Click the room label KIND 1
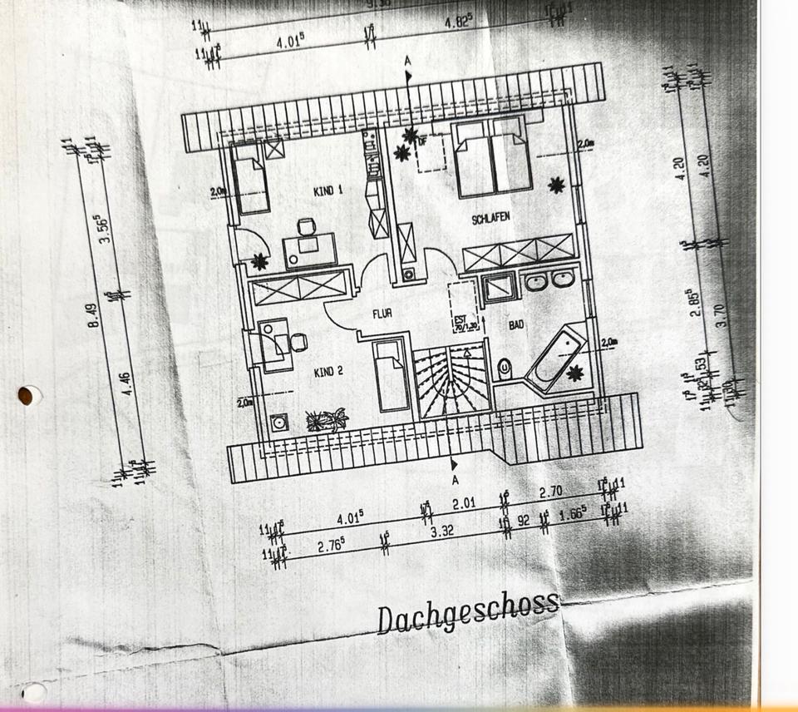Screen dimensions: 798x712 [328, 191]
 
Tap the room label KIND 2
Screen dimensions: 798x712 [328, 372]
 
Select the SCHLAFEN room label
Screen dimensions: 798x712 [490, 218]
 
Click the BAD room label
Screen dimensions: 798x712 [516, 325]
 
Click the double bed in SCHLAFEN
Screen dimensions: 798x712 [493, 158]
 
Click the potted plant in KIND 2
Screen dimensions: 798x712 [327, 419]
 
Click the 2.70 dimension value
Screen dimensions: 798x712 [551, 492]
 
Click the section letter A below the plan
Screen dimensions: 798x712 [456, 480]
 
